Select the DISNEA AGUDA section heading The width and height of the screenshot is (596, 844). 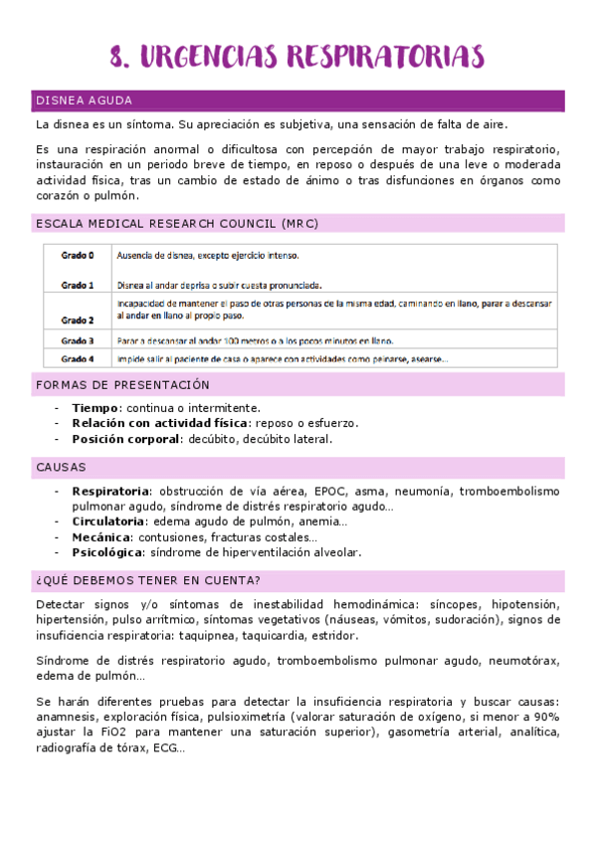tap(84, 102)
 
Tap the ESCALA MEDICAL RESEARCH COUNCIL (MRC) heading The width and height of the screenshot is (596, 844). tap(176, 224)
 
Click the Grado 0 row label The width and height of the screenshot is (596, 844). tap(78, 256)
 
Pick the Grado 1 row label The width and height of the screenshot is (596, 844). tap(78, 286)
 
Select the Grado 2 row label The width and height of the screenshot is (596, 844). tap(78, 320)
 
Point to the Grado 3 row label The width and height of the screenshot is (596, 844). tap(78, 340)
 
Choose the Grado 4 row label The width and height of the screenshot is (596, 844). tap(78, 358)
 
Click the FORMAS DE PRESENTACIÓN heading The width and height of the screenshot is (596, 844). tap(122, 384)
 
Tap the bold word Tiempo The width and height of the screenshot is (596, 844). tap(96, 408)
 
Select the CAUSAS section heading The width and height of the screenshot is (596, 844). tap(61, 467)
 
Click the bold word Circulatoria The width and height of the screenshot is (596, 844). tap(108, 522)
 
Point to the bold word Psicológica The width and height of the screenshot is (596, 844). tap(106, 552)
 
